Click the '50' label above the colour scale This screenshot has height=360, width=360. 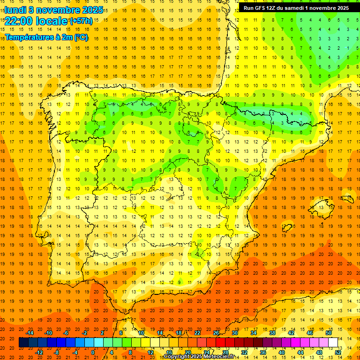(x=329, y=333)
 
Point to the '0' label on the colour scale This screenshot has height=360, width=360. (x=93, y=352)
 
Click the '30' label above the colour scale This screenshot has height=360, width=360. (x=234, y=333)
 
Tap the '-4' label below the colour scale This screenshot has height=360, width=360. (x=75, y=352)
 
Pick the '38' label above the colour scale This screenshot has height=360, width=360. (x=272, y=333)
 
